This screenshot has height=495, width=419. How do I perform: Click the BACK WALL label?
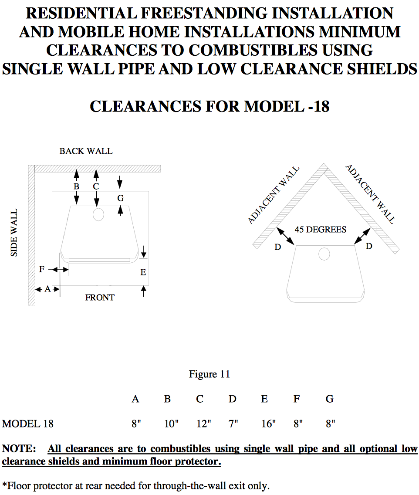86,151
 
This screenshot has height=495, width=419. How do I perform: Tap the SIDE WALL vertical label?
14,233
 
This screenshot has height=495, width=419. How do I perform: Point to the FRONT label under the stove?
100,297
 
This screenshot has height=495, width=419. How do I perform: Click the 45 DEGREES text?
320,230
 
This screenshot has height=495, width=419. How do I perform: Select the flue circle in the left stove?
98,214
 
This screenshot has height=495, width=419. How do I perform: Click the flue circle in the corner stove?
324,254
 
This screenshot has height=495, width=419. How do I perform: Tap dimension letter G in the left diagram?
121,198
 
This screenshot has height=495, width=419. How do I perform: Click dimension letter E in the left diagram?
143,272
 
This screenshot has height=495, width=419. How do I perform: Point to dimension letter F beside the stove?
42,269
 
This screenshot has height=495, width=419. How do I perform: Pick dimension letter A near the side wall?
47,289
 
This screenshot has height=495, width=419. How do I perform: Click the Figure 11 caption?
209,374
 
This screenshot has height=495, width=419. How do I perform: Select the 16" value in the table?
268,424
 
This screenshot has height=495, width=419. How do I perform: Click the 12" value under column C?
203,424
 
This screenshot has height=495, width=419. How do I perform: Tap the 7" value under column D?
233,424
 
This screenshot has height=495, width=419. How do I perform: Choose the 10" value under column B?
171,424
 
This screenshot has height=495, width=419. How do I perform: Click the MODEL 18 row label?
28,424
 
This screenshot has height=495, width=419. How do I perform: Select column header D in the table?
233,399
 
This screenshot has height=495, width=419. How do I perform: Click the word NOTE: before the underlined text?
19,449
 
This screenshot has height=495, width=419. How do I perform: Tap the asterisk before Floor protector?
4,484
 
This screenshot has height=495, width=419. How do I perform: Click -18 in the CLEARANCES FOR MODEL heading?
319,106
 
